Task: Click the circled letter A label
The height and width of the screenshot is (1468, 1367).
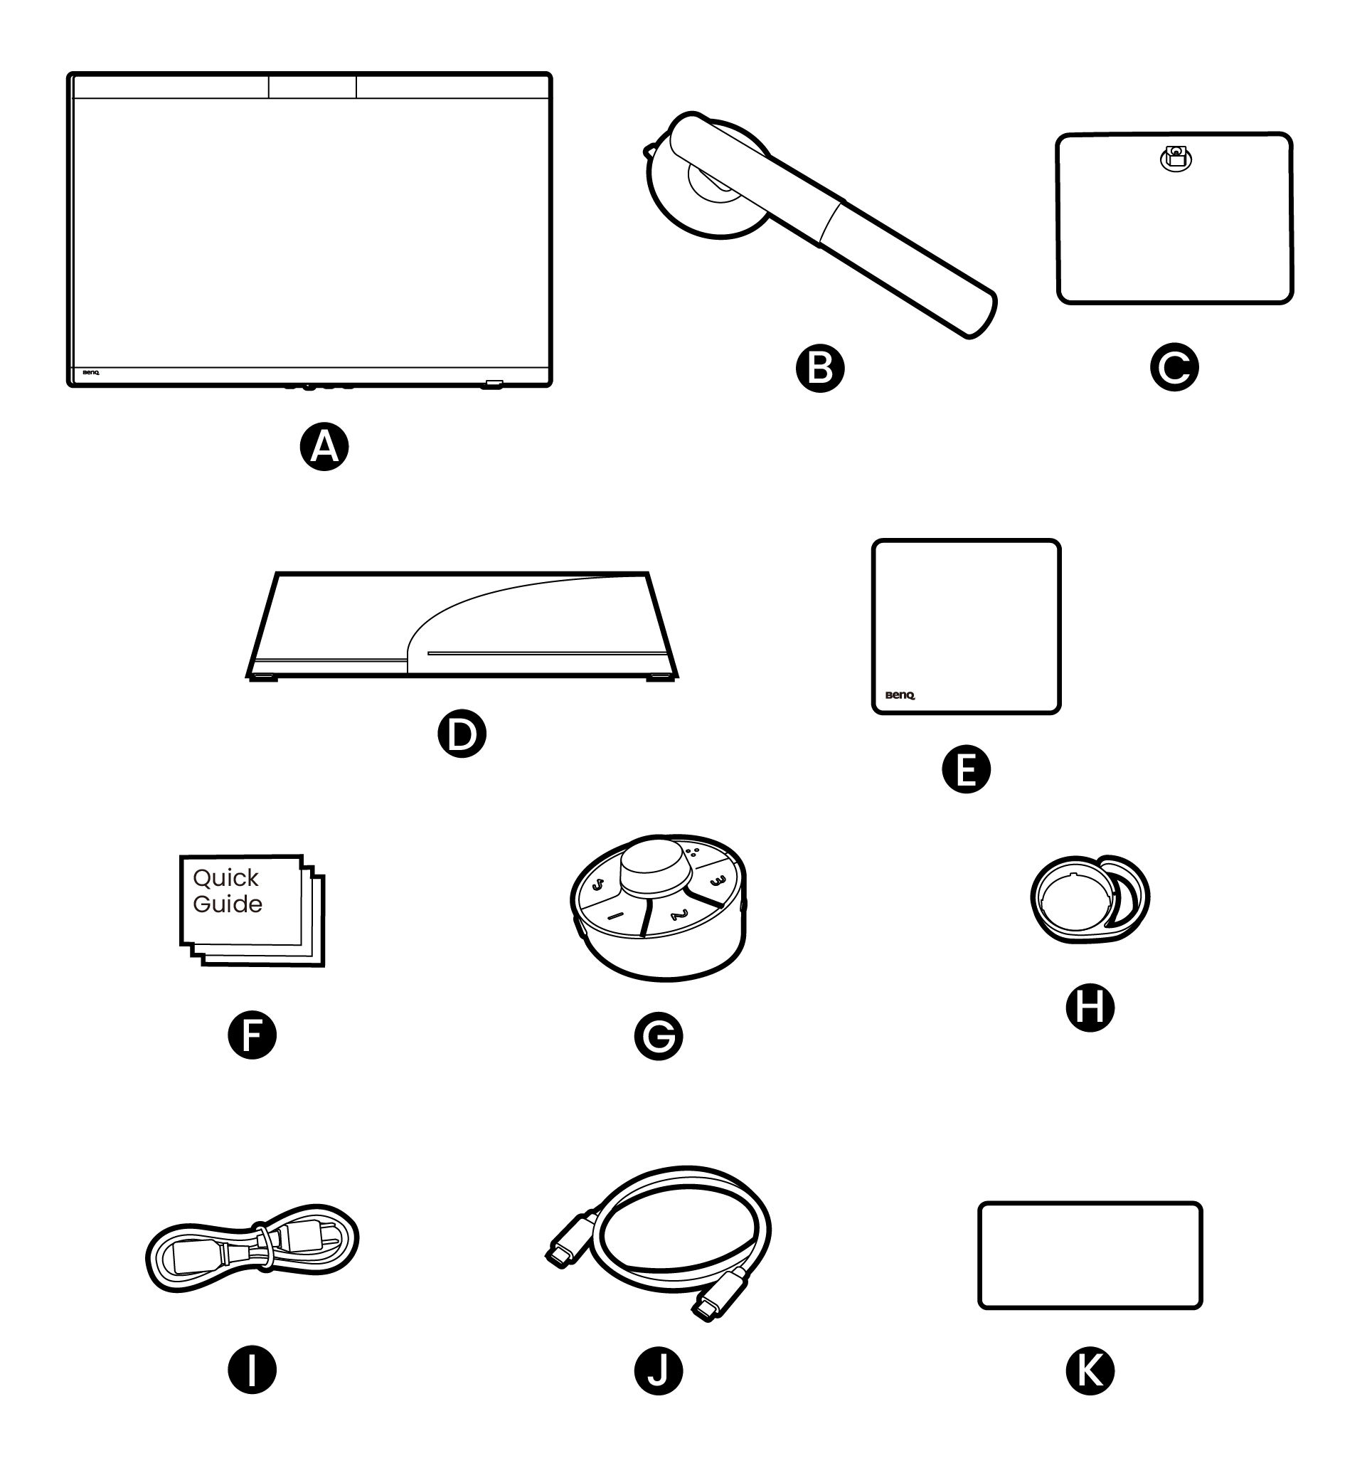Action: (324, 447)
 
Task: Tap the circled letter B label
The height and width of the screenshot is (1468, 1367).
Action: (819, 368)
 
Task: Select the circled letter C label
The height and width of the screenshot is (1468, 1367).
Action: (1174, 367)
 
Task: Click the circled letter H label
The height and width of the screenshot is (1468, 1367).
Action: (1090, 1007)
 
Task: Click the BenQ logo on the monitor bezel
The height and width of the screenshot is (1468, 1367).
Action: (91, 373)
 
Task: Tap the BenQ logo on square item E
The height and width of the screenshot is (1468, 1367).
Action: (899, 695)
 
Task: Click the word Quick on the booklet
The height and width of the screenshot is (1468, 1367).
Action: (225, 878)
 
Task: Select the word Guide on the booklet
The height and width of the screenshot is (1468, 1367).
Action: (228, 904)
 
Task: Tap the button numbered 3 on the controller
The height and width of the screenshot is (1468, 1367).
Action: (717, 882)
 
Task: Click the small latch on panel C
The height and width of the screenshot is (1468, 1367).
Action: (1176, 157)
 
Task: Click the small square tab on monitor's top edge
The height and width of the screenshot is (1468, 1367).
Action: (312, 86)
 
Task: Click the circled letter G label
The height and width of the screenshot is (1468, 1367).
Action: (658, 1036)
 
